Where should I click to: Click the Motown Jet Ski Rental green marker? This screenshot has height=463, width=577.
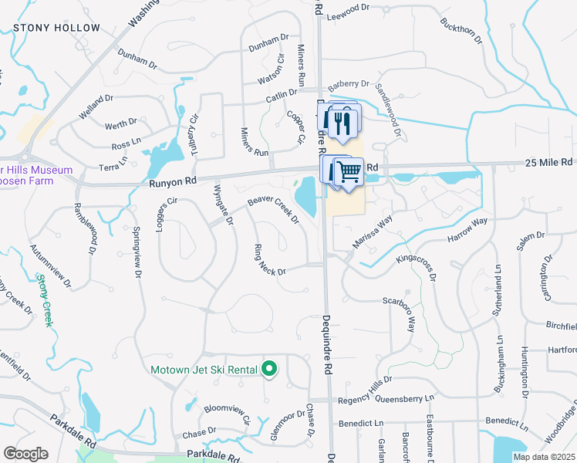(x=269, y=370)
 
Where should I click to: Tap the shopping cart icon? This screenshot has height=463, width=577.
(x=350, y=170)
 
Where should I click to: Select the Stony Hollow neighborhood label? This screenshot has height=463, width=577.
(x=56, y=28)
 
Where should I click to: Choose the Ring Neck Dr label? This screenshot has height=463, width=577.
(x=270, y=262)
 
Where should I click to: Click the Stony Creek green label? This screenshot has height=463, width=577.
(x=46, y=301)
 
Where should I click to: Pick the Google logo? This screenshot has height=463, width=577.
(x=26, y=454)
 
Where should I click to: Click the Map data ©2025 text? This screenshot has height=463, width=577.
(x=545, y=457)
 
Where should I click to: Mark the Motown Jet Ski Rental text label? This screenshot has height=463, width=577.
(x=204, y=370)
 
